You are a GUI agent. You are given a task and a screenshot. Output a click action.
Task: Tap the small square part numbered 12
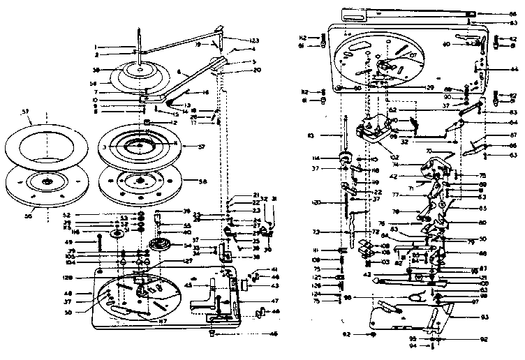tap(147, 123)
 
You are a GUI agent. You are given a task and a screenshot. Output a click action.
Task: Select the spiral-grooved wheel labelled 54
tap(161, 246)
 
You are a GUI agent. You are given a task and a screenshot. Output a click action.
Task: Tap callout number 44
tap(514, 70)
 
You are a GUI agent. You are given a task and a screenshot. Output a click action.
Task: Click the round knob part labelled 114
tap(345, 156)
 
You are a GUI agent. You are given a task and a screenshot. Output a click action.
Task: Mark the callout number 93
tap(484, 317)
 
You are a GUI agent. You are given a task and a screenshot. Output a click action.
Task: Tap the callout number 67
tap(514, 135)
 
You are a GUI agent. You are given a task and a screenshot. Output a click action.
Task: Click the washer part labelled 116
tap(112, 232)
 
